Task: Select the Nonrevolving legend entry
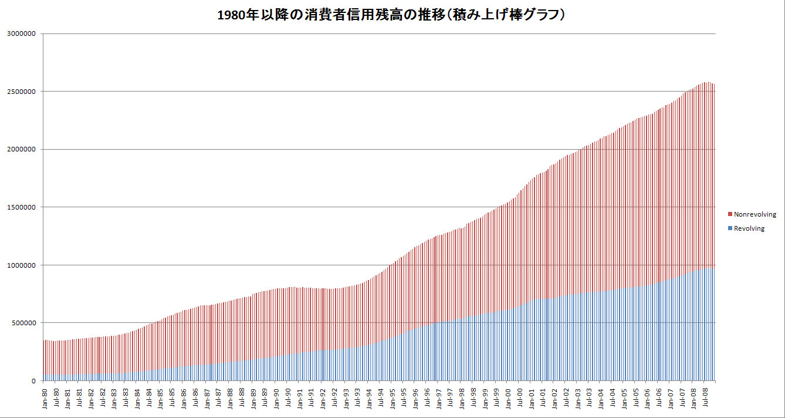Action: click(754, 215)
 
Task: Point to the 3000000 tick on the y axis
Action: click(21, 33)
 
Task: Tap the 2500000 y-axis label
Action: click(21, 92)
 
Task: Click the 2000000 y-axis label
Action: click(21, 149)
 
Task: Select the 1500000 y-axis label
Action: click(21, 207)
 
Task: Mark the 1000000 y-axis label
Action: click(21, 265)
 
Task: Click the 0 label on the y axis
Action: click(34, 381)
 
